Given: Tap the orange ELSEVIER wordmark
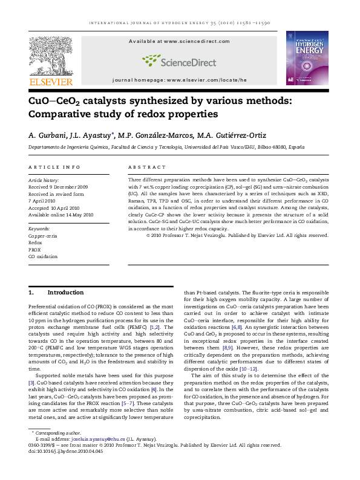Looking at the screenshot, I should point(51,82).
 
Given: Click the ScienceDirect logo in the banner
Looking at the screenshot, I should point(179,60).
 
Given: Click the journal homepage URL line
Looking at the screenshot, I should point(179,80).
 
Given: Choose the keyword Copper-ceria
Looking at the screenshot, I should point(43,236).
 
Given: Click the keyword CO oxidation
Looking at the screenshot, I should point(43,256).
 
